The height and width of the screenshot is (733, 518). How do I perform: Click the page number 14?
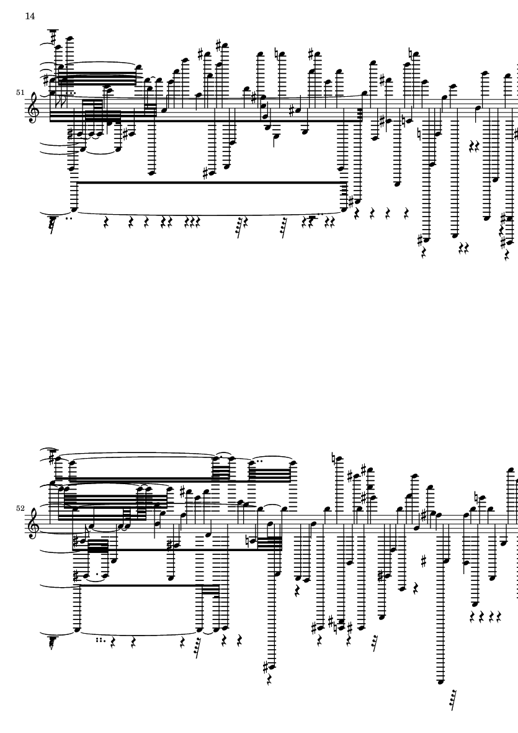click(30, 16)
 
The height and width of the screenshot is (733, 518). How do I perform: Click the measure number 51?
click(20, 92)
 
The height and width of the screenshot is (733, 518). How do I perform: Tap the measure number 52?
click(20, 508)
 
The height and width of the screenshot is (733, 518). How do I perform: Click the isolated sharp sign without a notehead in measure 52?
click(424, 562)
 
